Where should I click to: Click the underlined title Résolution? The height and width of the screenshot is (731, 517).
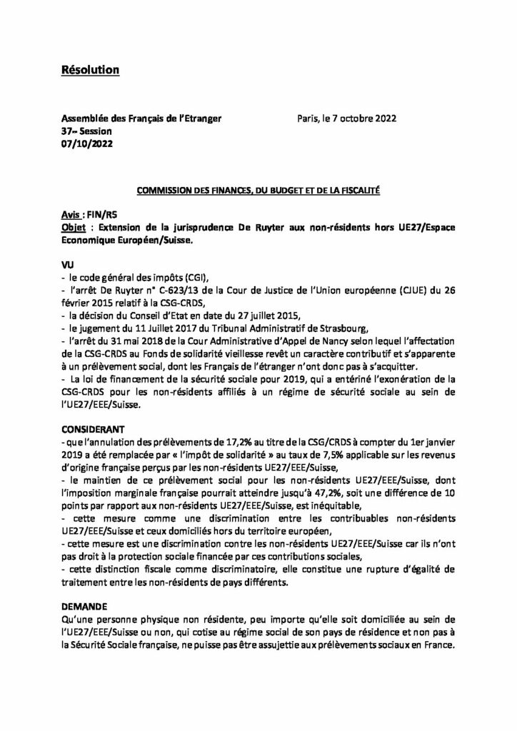(89, 69)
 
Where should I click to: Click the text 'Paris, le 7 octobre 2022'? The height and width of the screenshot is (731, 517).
(346, 119)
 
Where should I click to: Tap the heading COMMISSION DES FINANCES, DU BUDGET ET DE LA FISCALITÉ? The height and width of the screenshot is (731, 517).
(258, 191)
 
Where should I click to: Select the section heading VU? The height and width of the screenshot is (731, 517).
(68, 263)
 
